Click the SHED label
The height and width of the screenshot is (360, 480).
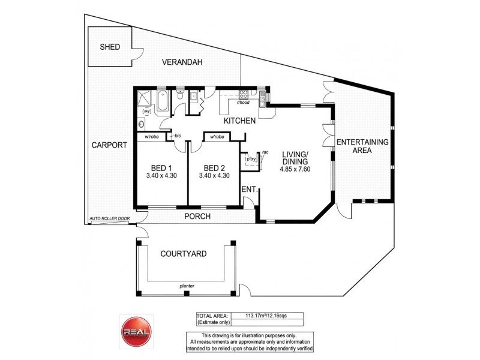[110, 47]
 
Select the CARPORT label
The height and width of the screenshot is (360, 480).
[109, 145]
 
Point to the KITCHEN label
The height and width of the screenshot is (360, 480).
[240, 121]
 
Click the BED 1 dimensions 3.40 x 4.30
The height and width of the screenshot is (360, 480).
[160, 176]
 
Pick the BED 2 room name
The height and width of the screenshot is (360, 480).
[214, 167]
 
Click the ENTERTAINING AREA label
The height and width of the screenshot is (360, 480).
[362, 146]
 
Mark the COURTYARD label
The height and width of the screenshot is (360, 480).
[184, 254]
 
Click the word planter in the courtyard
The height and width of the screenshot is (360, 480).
[187, 286]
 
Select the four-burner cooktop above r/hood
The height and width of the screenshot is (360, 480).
[244, 94]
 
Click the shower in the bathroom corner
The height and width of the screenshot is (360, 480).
[145, 97]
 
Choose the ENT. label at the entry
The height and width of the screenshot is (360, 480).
[250, 190]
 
